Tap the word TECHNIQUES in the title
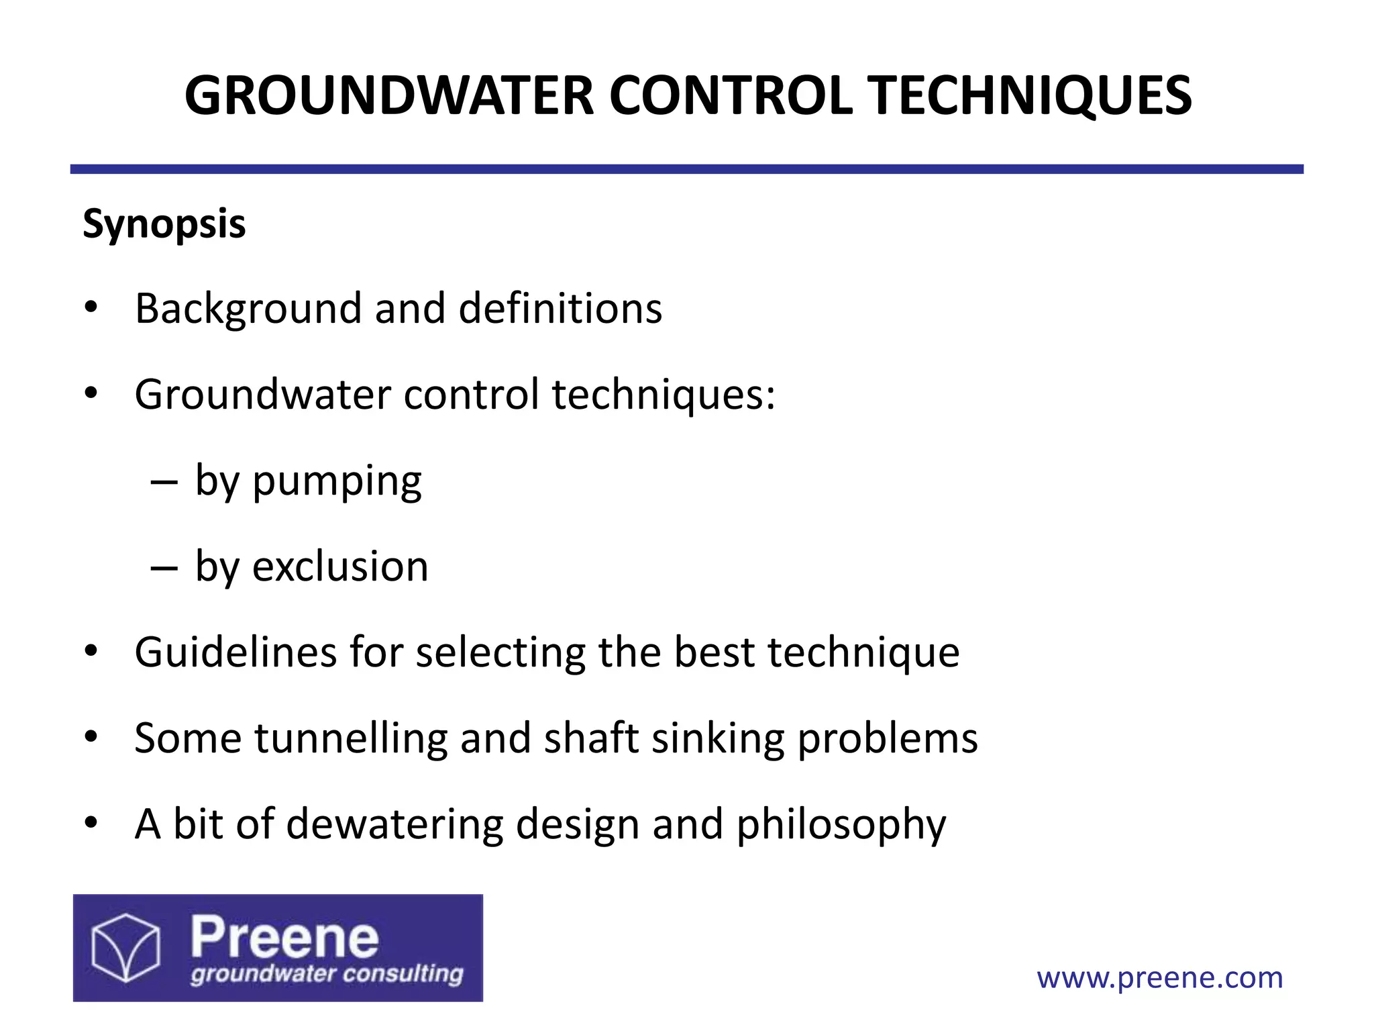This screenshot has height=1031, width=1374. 1029,96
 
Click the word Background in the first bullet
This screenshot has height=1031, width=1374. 248,309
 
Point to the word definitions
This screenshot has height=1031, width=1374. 560,309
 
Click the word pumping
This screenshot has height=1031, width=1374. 337,482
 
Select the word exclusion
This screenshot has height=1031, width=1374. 340,567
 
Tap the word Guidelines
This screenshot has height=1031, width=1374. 235,652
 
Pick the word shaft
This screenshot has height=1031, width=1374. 590,738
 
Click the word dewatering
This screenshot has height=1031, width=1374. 394,824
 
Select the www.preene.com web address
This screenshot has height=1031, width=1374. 1160,978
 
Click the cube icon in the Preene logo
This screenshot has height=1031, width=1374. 126,948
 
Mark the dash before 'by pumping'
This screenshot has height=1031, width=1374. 164,482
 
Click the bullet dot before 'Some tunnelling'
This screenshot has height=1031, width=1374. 91,737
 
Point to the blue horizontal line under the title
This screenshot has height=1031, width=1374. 687,169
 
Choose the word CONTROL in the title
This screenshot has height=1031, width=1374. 731,96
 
